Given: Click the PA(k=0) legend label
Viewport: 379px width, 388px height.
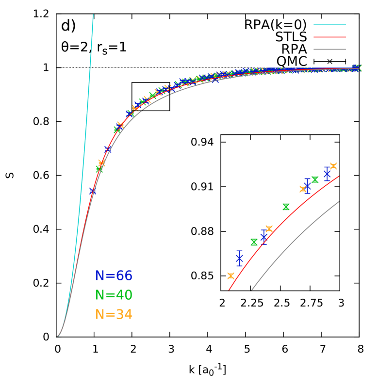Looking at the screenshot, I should point(280,25).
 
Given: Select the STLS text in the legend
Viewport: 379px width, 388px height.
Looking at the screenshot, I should point(291,37).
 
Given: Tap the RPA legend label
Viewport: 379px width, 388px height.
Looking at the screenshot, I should point(294,49).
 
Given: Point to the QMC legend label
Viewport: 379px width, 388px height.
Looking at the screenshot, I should point(292,62).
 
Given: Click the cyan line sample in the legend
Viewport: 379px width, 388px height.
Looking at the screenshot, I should point(330,25).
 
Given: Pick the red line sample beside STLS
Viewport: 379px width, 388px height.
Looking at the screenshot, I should point(330,37).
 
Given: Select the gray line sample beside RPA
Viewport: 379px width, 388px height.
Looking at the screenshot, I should point(330,49).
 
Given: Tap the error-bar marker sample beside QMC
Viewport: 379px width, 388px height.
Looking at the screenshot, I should point(330,62).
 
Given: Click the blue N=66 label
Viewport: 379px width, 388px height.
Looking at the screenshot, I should point(114,276).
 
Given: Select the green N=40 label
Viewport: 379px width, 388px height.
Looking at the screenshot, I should point(114,295).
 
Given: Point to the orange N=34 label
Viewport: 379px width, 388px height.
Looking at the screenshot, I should point(114,315).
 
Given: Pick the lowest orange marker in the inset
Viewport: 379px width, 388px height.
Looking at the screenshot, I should point(231,276).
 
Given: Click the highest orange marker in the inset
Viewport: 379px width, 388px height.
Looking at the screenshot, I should point(333,166).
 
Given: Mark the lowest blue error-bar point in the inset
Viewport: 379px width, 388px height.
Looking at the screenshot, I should point(239,259).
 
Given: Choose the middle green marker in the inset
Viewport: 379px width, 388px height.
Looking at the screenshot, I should point(286,207).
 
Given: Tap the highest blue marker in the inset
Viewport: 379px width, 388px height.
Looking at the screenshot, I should point(327,174).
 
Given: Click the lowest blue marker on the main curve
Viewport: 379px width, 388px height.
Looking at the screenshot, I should point(93,191).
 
